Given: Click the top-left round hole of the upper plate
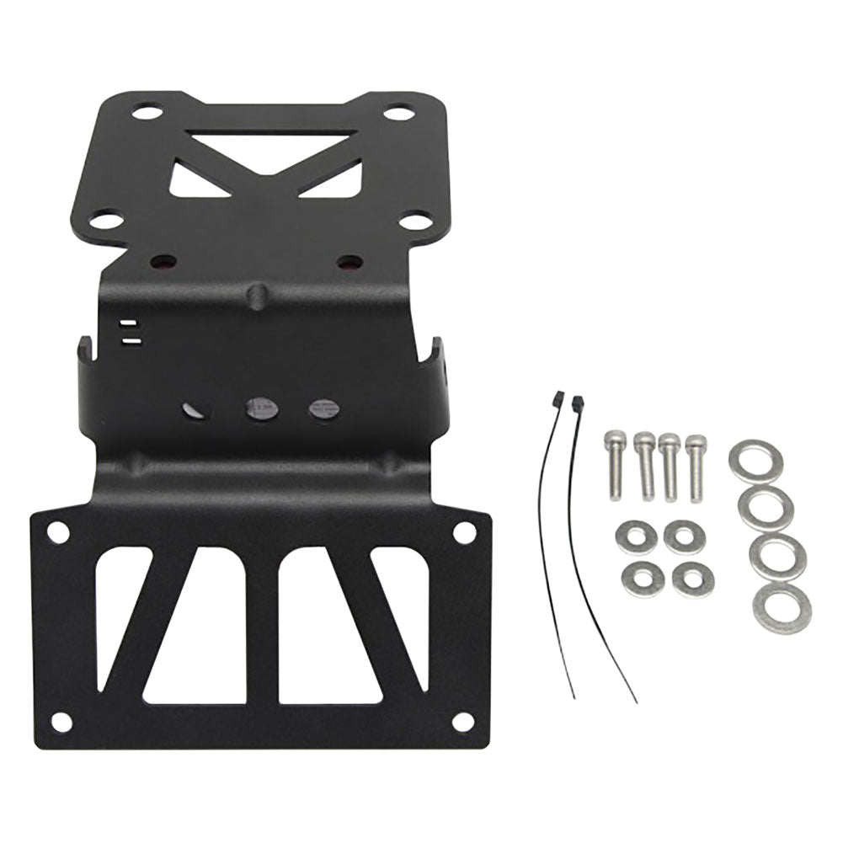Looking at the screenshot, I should (147, 111).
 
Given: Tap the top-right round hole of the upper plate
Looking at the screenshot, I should (398, 112).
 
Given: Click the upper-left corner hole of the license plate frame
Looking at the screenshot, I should (57, 531).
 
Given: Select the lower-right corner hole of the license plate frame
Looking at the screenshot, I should (462, 722).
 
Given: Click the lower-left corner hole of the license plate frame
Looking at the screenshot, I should (61, 722).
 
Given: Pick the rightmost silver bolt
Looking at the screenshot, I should (696, 467).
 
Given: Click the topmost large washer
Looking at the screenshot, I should (755, 460).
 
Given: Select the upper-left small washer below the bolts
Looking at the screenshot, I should (636, 536).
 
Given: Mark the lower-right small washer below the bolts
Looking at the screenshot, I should (693, 579).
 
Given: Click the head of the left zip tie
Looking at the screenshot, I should (557, 398).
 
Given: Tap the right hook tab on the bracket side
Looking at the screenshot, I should (435, 355).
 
